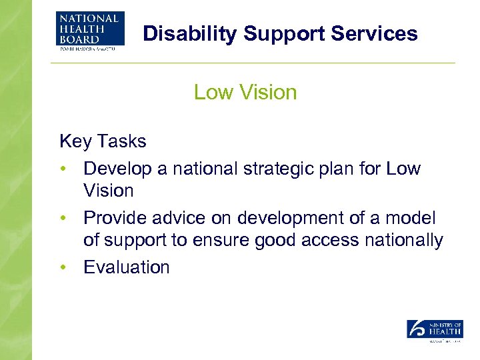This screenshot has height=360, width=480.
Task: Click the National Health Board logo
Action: click(x=90, y=30)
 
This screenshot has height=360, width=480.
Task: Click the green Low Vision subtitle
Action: click(x=245, y=92)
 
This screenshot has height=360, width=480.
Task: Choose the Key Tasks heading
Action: click(x=103, y=141)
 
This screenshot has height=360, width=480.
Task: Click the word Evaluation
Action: click(x=126, y=268)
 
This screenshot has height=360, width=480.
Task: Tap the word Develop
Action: click(x=117, y=168)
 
